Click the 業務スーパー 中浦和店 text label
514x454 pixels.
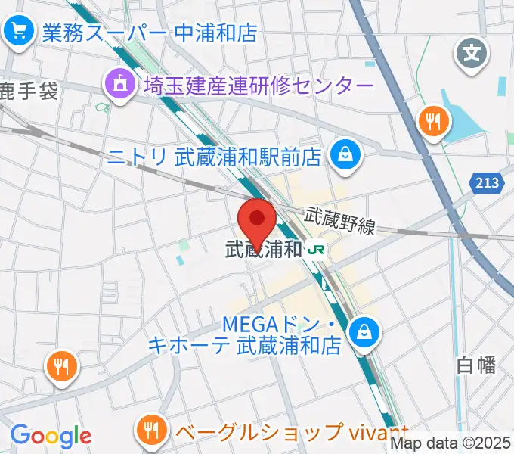coord(150,33)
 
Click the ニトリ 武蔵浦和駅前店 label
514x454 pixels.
coord(215,157)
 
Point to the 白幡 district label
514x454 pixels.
coord(476,365)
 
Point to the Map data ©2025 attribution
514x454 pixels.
coord(451,443)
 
